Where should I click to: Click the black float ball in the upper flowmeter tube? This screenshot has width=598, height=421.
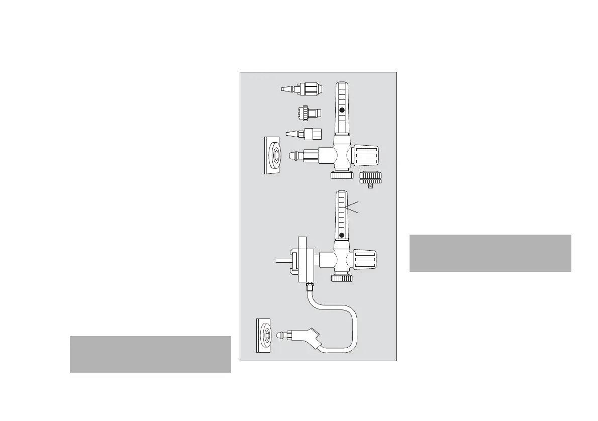click(342, 110)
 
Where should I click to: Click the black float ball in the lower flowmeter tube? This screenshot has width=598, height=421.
click(342, 235)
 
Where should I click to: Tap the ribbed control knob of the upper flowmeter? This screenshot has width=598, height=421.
click(365, 155)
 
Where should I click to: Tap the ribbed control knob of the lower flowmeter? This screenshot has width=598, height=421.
click(365, 260)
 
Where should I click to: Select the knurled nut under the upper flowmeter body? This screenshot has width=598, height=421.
click(342, 175)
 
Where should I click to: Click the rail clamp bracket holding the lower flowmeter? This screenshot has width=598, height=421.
click(305, 260)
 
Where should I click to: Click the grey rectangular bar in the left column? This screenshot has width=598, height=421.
click(150, 354)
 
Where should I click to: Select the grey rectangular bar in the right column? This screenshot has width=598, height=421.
click(490, 253)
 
